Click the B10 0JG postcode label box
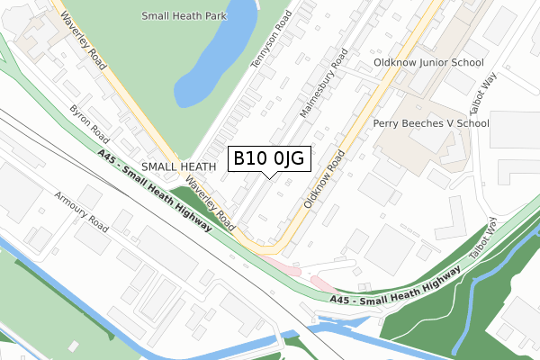(270, 158)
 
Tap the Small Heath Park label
(184, 16)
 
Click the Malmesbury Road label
(324, 85)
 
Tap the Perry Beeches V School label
(431, 123)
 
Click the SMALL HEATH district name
(179, 166)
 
